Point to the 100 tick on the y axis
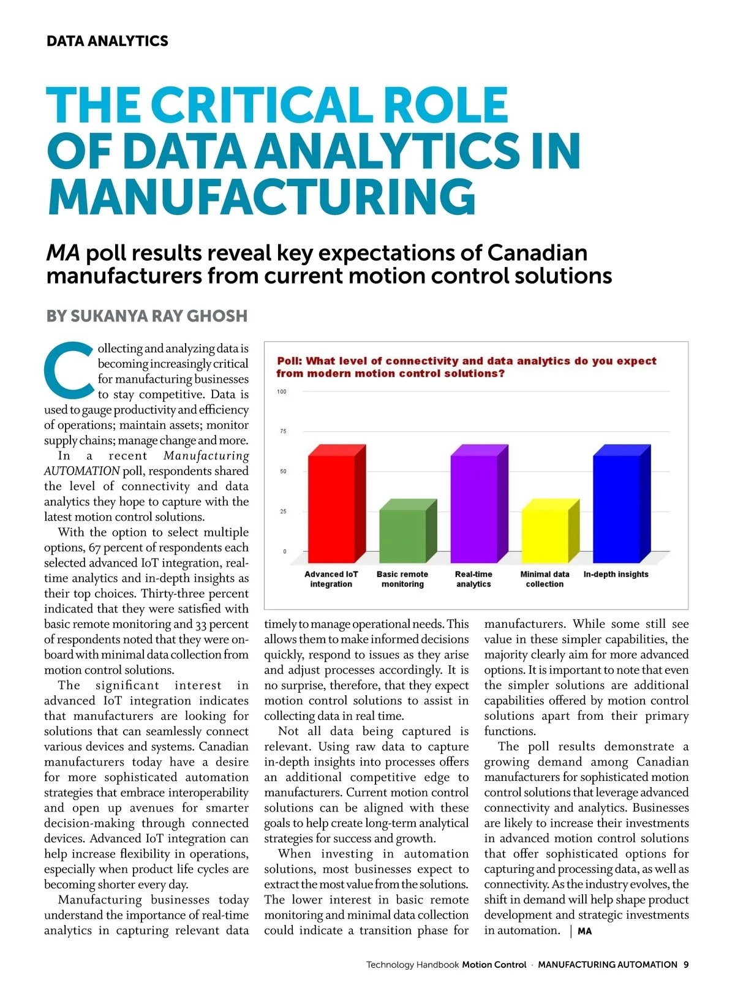282,391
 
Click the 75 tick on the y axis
283,431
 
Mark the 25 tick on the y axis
283,511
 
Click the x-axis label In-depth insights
616,575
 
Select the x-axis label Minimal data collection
545,579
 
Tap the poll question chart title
466,367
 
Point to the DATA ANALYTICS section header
107,41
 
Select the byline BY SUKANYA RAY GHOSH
147,316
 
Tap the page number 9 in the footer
686,965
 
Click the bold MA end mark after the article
584,932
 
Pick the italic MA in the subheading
63,253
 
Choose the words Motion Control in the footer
494,965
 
